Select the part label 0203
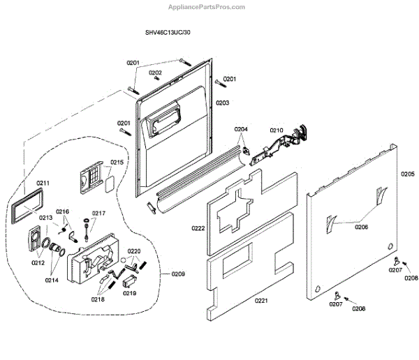(x=222, y=103)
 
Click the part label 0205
(x=407, y=174)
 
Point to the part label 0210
(x=277, y=130)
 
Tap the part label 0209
(x=178, y=274)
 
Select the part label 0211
(x=43, y=183)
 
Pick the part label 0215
(x=117, y=163)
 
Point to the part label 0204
(x=241, y=129)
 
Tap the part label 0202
(x=155, y=73)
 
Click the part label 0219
(x=130, y=294)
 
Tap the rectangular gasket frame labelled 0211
(x=27, y=207)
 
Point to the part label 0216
(x=63, y=211)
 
